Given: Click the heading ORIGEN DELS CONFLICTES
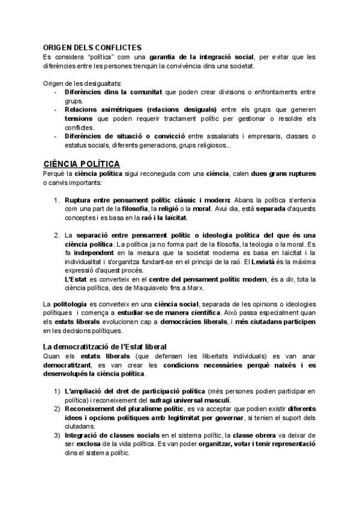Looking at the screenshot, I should pos(92,47).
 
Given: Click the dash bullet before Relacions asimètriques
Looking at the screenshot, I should pos(56,110).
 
